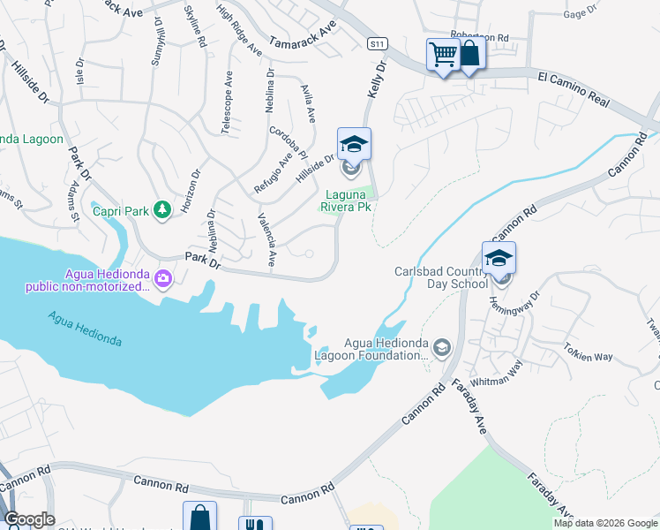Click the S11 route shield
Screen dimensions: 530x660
[x=378, y=43]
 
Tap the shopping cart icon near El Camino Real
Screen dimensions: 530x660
[x=443, y=55]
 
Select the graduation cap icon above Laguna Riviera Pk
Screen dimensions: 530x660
[x=354, y=143]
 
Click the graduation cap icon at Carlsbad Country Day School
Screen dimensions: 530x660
[x=499, y=257]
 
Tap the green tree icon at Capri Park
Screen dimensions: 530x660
[x=161, y=209]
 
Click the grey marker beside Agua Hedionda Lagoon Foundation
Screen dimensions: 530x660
[x=441, y=346]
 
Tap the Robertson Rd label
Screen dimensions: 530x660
[x=480, y=38]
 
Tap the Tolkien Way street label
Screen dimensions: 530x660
[x=589, y=352]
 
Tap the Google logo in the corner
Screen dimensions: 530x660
[x=28, y=519]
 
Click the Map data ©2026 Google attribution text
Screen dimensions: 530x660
[x=605, y=523]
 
